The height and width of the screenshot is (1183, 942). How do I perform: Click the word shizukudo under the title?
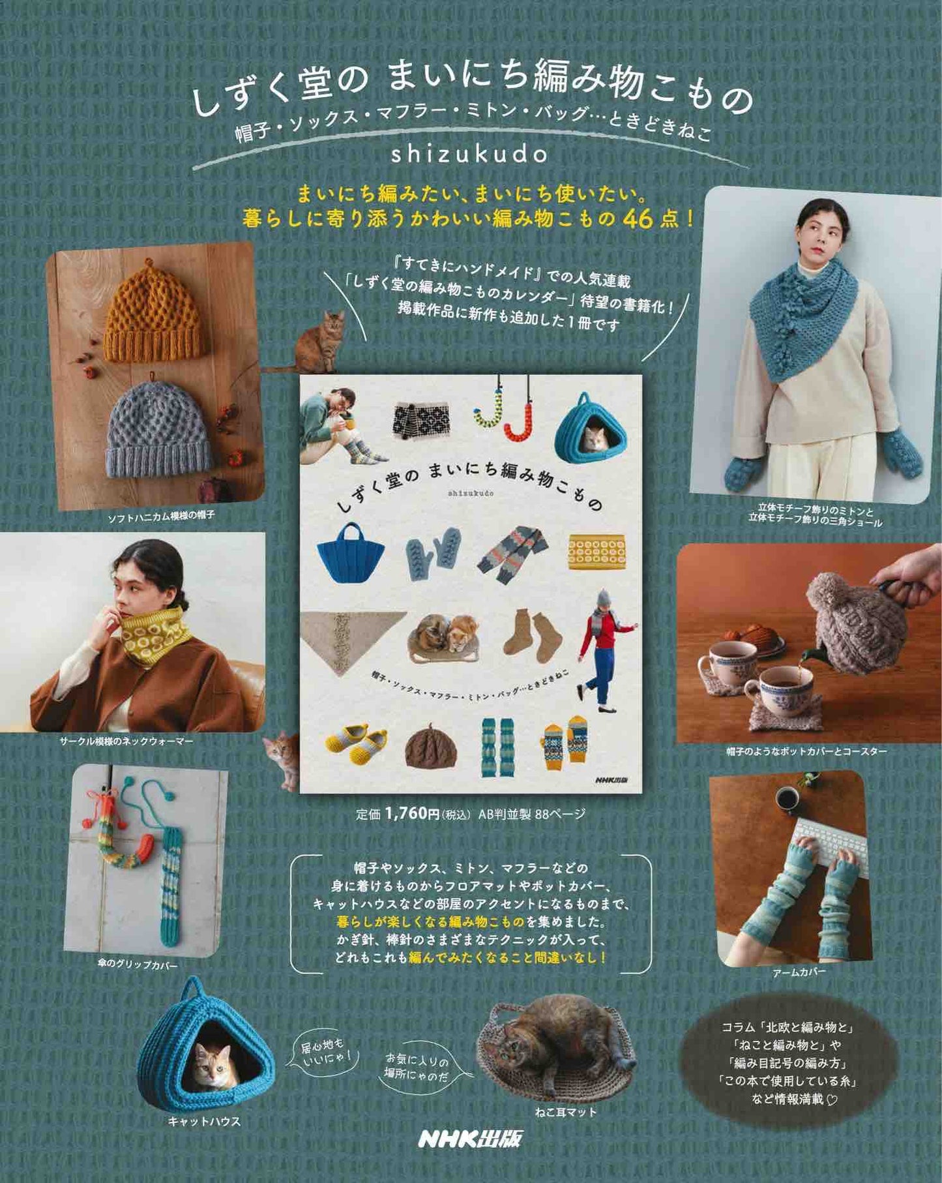coord(469,155)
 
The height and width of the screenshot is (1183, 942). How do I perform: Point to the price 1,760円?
coord(412,813)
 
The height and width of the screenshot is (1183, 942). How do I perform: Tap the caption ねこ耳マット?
coord(566,1112)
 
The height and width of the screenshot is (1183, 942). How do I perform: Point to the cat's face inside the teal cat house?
coord(214,1068)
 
